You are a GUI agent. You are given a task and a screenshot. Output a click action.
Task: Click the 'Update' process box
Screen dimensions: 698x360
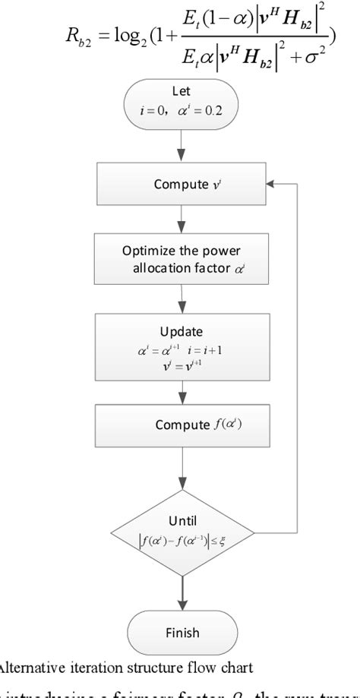[181, 346]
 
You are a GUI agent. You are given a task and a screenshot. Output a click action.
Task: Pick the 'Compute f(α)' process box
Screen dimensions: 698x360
[181, 425]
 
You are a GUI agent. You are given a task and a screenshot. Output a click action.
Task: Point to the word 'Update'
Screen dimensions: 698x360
[180, 332]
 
